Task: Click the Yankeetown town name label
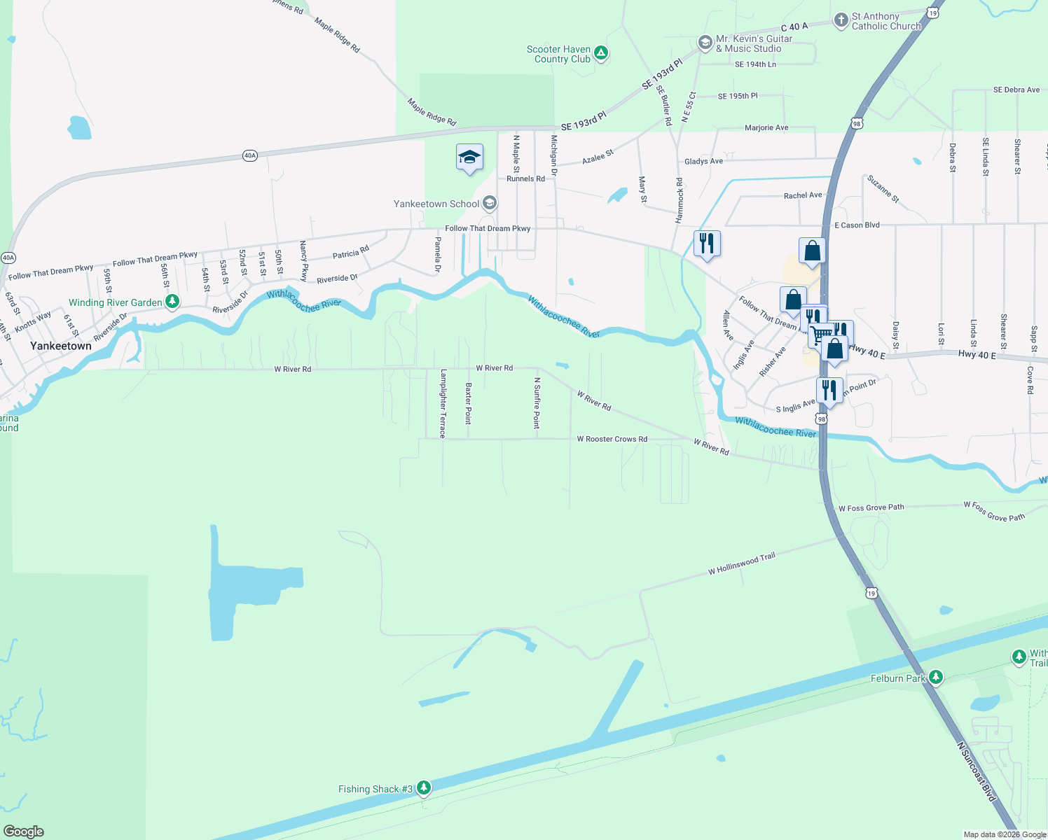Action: tap(61, 346)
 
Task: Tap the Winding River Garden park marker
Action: tap(172, 302)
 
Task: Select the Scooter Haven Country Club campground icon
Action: tap(600, 53)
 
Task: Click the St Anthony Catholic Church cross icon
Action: tap(841, 20)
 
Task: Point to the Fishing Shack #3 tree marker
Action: tap(423, 788)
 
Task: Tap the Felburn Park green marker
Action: tap(935, 678)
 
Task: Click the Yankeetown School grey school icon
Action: tap(490, 204)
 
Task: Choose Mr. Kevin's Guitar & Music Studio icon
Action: tap(705, 43)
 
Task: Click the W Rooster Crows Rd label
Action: tap(612, 439)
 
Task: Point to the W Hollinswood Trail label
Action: tap(742, 563)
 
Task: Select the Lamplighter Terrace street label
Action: tap(443, 403)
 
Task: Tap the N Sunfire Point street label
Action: tap(537, 402)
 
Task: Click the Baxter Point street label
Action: tap(469, 403)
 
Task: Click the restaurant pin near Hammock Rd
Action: tap(707, 243)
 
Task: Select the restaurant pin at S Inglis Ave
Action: tap(829, 390)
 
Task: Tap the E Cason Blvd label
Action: tap(857, 225)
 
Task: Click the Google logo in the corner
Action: tap(24, 831)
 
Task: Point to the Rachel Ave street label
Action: tap(803, 195)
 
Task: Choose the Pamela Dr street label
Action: tap(438, 254)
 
